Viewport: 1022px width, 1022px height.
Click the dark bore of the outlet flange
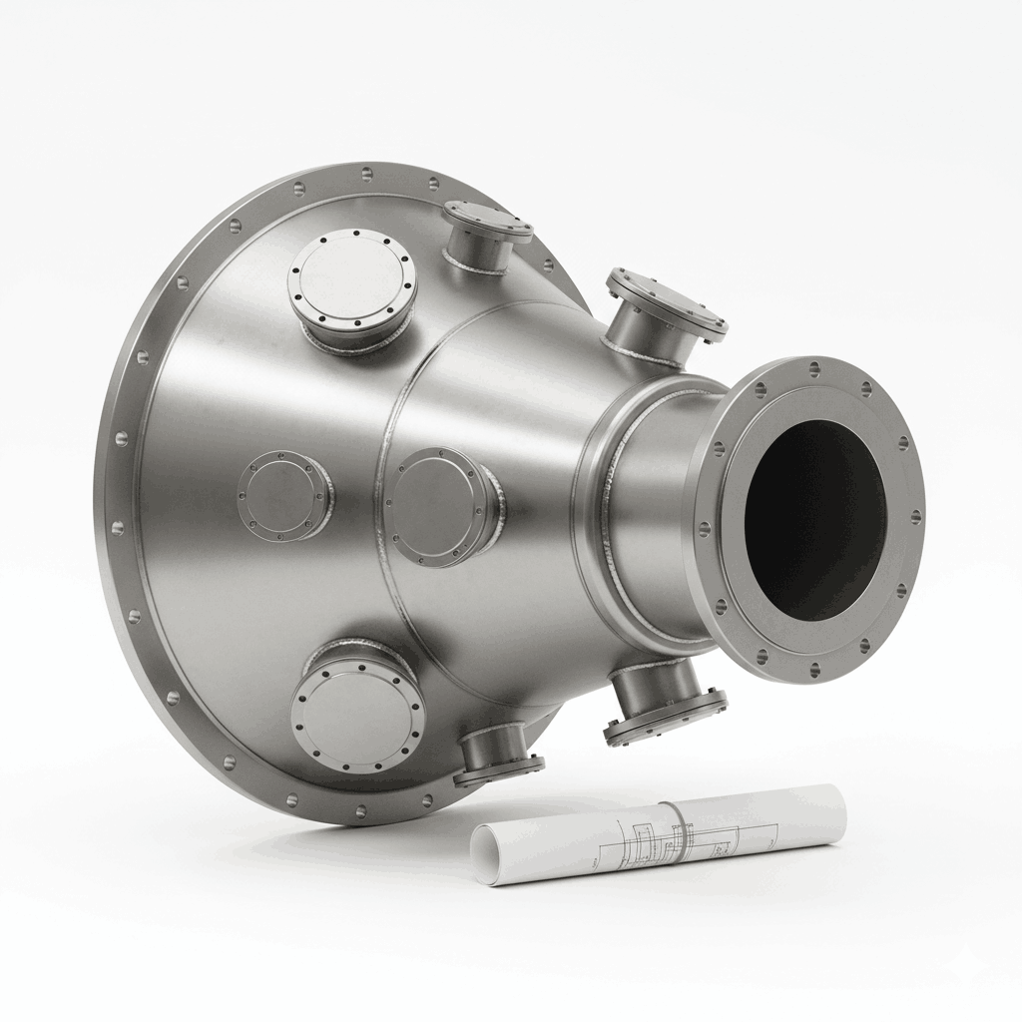click(814, 518)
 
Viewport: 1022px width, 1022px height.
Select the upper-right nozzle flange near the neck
click(667, 303)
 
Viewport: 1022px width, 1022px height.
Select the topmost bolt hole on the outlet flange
click(814, 368)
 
